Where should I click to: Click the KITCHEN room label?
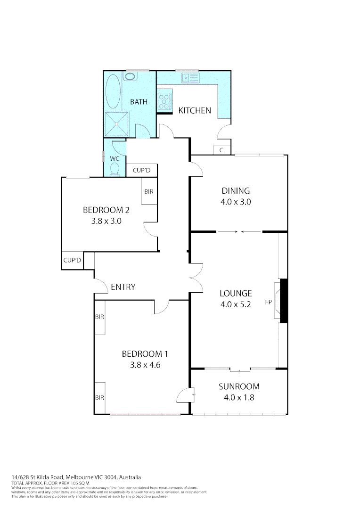194,111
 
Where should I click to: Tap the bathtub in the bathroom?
113,91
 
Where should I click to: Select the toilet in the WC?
115,171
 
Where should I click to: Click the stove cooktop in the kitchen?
164,100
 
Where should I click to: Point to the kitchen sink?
191,77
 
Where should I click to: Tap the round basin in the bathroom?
130,76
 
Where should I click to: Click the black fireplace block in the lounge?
284,301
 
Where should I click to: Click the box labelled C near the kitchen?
221,150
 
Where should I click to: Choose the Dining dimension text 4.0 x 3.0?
236,202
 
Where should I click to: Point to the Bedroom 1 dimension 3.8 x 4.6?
145,364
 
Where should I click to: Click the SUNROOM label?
238,387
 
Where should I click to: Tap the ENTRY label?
123,287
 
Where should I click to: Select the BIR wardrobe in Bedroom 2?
149,192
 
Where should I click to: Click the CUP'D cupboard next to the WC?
142,170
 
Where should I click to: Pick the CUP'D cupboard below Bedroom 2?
72,260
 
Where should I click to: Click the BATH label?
139,102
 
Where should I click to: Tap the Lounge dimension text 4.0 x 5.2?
236,304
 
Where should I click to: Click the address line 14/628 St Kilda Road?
76,477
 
